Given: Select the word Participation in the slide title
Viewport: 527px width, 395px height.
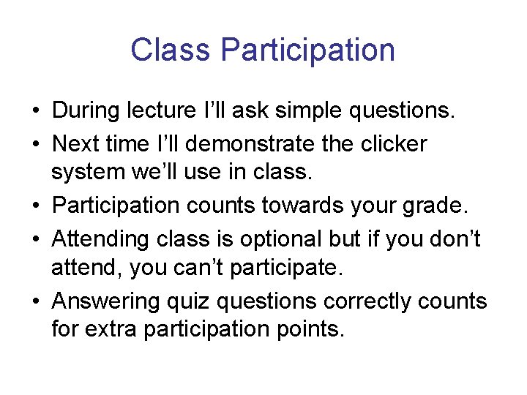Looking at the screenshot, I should pyautogui.click(x=307, y=50).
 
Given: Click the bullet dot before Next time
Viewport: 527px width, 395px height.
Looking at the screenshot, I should pyautogui.click(x=35, y=144).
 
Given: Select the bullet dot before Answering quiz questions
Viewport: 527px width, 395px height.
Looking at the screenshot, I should pyautogui.click(x=35, y=301).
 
